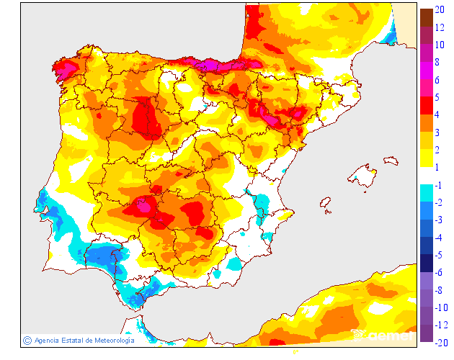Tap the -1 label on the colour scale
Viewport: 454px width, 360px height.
[439, 185]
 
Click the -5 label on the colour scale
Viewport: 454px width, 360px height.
[439, 255]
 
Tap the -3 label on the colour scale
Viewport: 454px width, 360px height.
[439, 220]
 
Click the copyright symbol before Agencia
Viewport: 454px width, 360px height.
[26, 340]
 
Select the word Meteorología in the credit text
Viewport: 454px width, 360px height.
[110, 341]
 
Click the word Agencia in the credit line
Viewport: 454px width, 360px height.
[47, 341]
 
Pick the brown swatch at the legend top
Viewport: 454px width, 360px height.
[426, 16]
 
